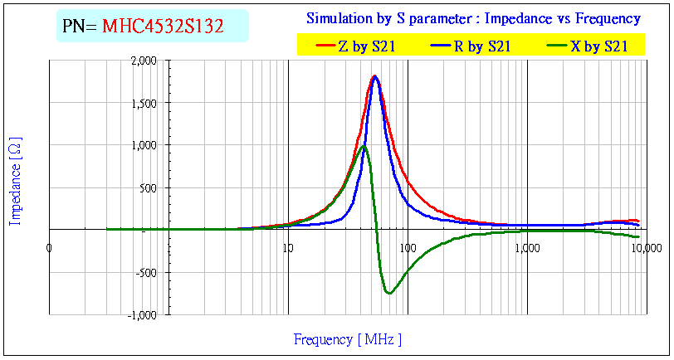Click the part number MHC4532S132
pos(163,27)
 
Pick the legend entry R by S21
pos(481,47)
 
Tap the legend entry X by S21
pos(598,47)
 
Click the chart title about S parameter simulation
pos(473,18)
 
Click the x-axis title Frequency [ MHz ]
pos(348,339)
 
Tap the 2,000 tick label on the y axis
pos(144,61)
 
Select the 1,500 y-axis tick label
pos(144,103)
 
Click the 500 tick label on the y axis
pos(149,187)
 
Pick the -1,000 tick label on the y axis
pos(143,315)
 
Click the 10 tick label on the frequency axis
pos(287,246)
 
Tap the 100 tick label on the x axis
pos(407,246)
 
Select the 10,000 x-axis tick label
pos(645,246)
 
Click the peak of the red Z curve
pos(375,76)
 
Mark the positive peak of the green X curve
pos(364,147)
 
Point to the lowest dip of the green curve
pos(388,293)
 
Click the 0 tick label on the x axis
pos(50,246)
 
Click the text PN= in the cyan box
pos(81,27)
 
